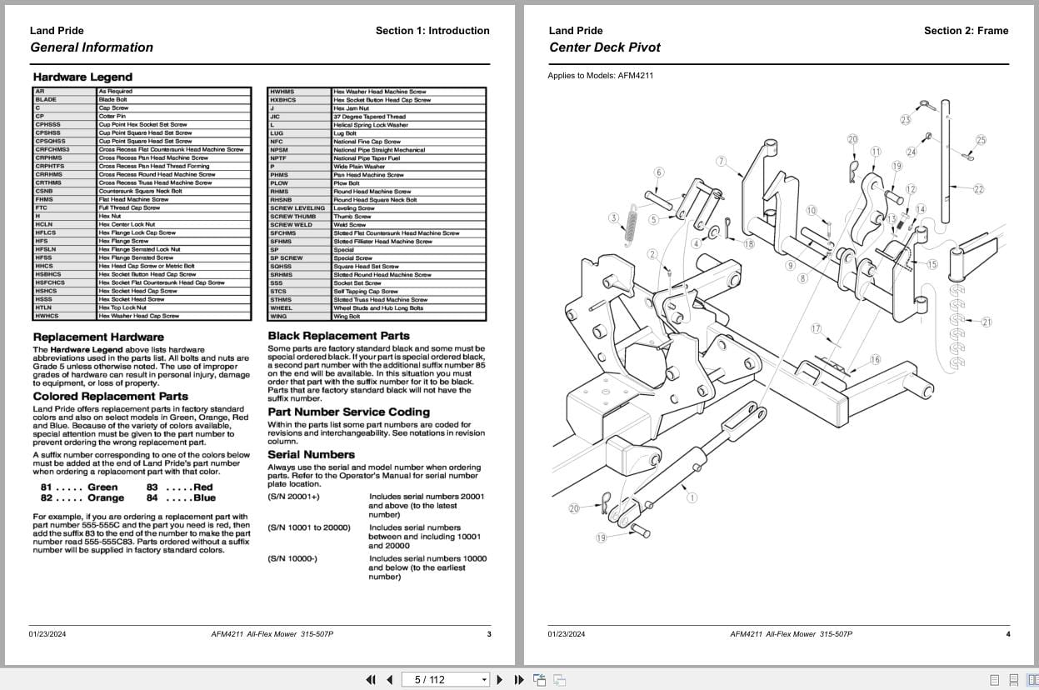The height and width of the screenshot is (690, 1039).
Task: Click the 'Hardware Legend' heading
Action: pyautogui.click(x=82, y=77)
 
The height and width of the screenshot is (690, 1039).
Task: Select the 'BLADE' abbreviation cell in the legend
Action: pyautogui.click(x=47, y=99)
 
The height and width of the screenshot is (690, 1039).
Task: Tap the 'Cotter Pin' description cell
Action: pyautogui.click(x=112, y=116)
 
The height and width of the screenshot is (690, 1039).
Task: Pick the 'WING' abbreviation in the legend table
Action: pyautogui.click(x=278, y=317)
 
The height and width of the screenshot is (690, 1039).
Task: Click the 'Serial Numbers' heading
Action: pyautogui.click(x=311, y=455)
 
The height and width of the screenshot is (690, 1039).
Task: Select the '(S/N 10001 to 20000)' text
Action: pyautogui.click(x=309, y=527)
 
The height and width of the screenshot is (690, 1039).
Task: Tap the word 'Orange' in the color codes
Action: pyautogui.click(x=106, y=498)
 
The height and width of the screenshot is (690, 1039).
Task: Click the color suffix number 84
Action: pyautogui.click(x=152, y=498)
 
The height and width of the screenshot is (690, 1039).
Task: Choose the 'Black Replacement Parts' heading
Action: pyautogui.click(x=338, y=336)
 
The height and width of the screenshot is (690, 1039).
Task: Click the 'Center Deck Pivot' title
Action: pyautogui.click(x=604, y=47)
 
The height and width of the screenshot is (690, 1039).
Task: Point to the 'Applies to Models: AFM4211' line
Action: pyautogui.click(x=600, y=76)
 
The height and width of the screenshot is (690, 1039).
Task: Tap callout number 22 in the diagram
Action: pyautogui.click(x=978, y=189)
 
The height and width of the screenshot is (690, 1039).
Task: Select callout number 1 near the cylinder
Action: pyautogui.click(x=692, y=498)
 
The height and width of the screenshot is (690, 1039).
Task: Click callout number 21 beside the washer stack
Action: pyautogui.click(x=987, y=322)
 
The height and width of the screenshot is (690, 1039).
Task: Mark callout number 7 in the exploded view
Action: pyautogui.click(x=721, y=161)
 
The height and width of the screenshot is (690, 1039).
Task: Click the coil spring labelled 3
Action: pyautogui.click(x=632, y=229)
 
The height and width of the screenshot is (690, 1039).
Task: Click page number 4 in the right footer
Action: pyautogui.click(x=1007, y=634)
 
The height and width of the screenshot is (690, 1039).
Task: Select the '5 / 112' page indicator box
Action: pyautogui.click(x=445, y=679)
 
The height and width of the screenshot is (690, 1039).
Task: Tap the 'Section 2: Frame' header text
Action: pyautogui.click(x=966, y=31)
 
